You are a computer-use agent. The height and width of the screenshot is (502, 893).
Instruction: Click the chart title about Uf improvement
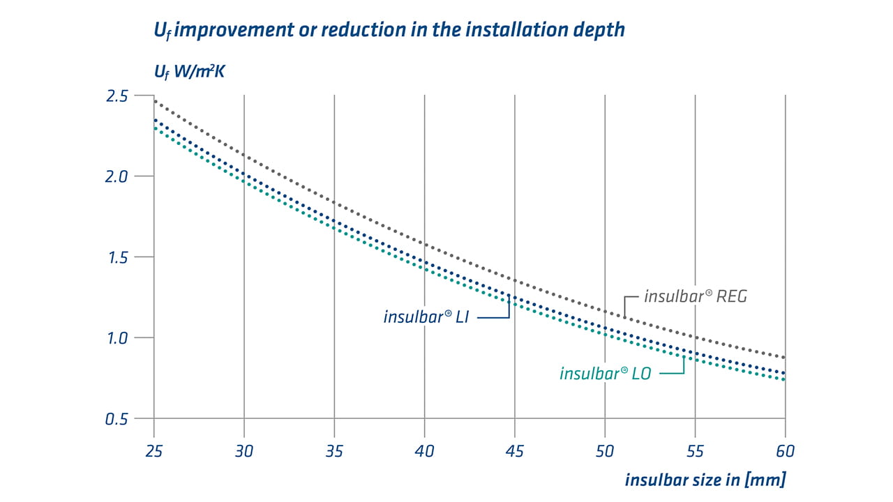(389, 31)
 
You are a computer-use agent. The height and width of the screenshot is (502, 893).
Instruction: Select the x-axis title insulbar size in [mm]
(705, 480)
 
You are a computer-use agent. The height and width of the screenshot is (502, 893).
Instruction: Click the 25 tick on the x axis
(153, 451)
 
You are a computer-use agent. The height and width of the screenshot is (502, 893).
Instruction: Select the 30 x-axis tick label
(244, 451)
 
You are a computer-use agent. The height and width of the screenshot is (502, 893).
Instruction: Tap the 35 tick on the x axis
(334, 451)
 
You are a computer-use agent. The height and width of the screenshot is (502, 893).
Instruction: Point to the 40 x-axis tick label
(424, 451)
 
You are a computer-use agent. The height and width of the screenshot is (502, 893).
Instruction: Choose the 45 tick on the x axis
(514, 451)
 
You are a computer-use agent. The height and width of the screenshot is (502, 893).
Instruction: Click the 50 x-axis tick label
(605, 451)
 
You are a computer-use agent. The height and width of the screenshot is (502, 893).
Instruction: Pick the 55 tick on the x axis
(696, 451)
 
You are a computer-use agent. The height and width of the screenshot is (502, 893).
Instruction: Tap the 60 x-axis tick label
(786, 451)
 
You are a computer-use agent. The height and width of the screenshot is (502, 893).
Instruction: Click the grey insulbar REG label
(695, 296)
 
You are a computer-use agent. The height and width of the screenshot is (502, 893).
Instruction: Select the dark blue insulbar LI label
(425, 317)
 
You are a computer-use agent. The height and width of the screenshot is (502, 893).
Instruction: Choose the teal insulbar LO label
(605, 374)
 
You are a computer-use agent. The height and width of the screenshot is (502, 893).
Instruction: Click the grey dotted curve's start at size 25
(154, 102)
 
